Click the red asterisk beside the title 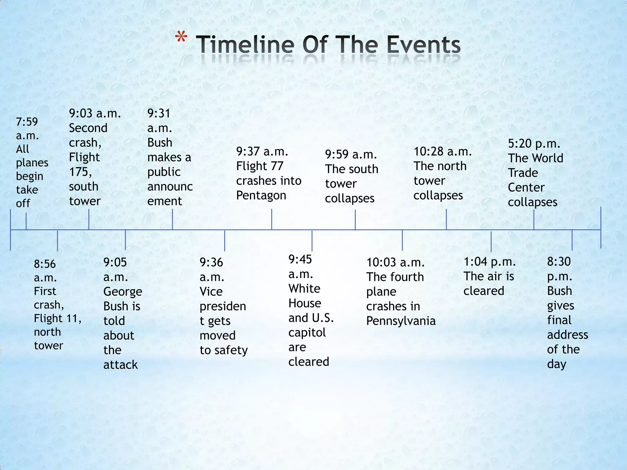pos(181,38)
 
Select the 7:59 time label pos(27,122)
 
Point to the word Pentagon pos(261,195)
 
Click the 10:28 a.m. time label pos(442,151)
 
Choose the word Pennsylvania pos(401,321)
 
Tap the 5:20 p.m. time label pos(534,144)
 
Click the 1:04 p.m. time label pos(490,262)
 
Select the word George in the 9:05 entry pos(123,292)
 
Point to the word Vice pos(211,292)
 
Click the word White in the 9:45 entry pos(304,289)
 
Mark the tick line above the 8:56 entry pos(58,241)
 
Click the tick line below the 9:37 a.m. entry pos(272,219)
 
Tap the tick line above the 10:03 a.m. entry pos(402,241)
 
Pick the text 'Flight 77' pos(260,166)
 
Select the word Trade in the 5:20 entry pos(523,173)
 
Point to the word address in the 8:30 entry pos(567,335)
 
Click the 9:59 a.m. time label pos(351,155)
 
